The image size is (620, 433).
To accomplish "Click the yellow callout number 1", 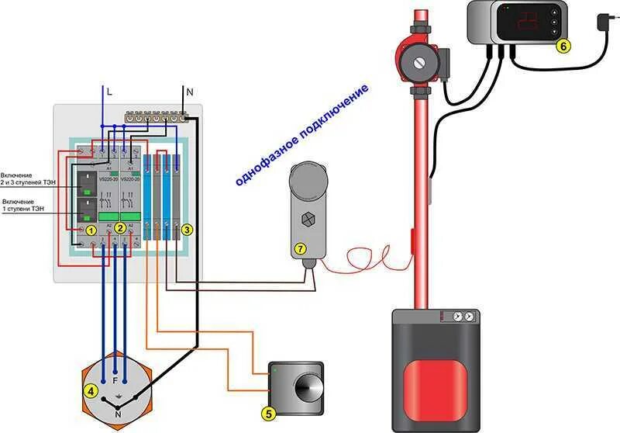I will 91,230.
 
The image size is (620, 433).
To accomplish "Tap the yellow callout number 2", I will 120,228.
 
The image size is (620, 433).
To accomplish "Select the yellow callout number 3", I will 185,230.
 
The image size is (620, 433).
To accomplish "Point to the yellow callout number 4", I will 91,391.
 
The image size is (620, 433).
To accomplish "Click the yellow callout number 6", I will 563,46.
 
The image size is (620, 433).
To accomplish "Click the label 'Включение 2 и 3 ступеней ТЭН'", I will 29,180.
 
